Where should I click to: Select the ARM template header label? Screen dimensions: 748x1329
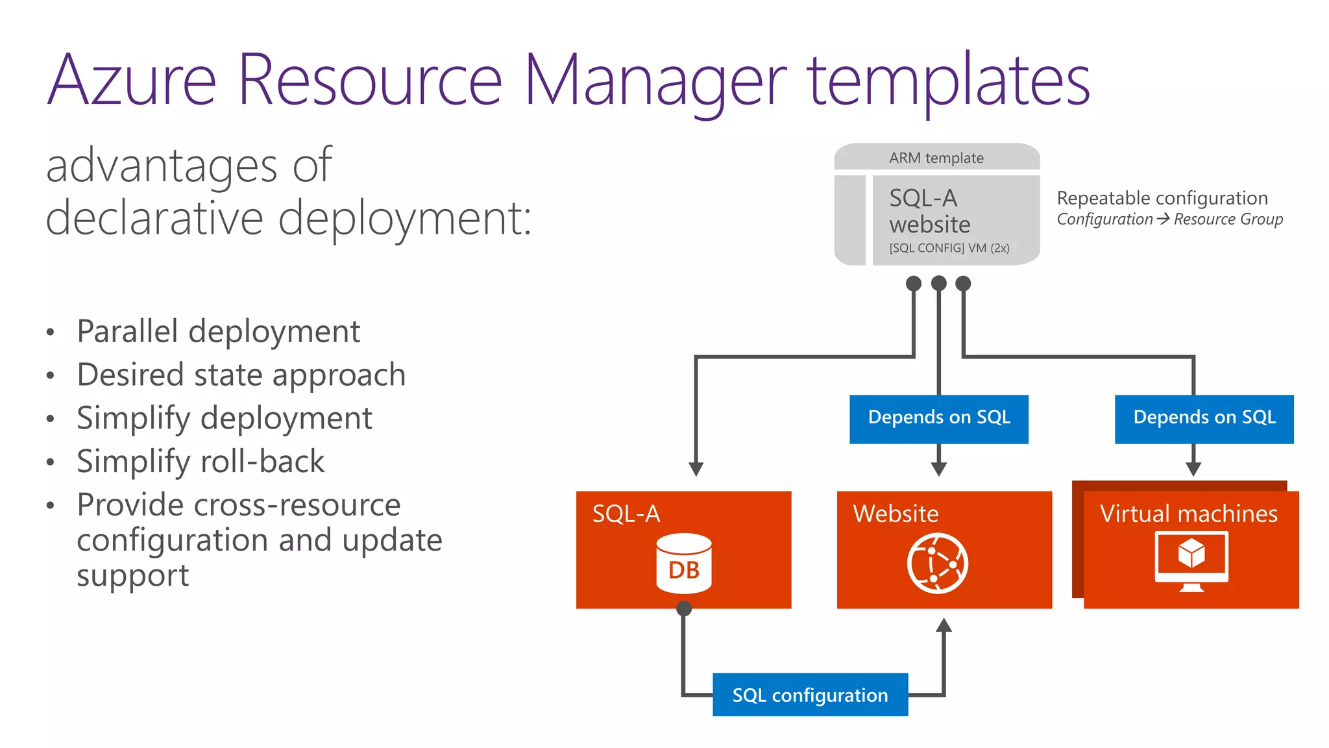click(x=936, y=158)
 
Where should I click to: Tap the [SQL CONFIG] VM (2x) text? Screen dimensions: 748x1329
click(x=949, y=248)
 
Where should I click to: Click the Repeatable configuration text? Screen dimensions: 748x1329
click(x=1162, y=198)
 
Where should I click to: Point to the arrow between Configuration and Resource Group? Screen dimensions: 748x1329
click(x=1163, y=219)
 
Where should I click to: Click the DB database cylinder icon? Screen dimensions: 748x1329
click(x=684, y=563)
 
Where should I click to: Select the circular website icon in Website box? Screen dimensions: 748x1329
click(x=937, y=563)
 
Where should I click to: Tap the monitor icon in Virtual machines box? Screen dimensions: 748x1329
click(x=1191, y=560)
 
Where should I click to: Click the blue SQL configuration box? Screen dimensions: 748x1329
click(x=810, y=695)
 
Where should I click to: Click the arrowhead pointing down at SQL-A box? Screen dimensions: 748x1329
click(x=696, y=469)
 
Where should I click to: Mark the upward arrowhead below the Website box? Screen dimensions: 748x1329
click(x=944, y=625)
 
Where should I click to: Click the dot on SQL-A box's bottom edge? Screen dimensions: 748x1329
click(x=684, y=608)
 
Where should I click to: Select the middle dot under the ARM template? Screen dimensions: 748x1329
click(x=938, y=283)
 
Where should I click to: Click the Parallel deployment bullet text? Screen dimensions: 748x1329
click(x=218, y=331)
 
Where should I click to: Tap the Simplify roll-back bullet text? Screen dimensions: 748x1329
click(x=200, y=461)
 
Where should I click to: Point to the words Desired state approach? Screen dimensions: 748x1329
click(x=241, y=375)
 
